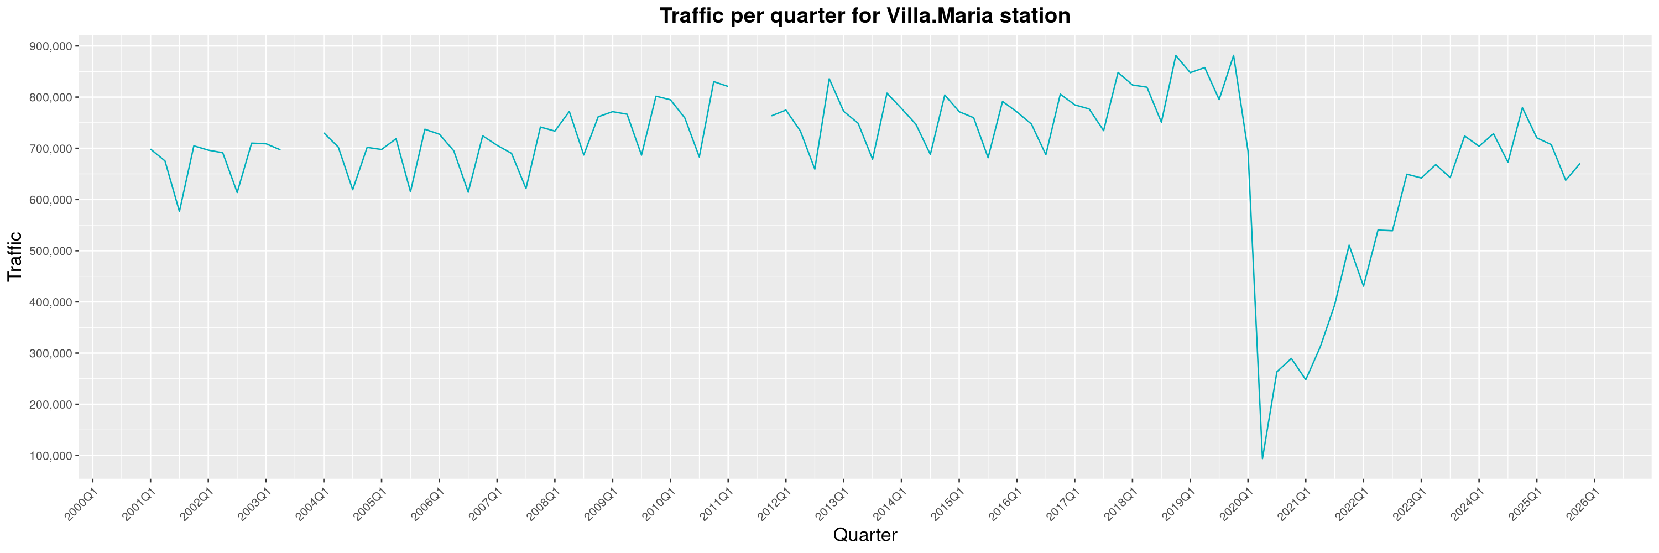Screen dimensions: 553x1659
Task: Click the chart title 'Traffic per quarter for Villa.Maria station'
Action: (x=864, y=15)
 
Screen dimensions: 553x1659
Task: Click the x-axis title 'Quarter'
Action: (x=864, y=535)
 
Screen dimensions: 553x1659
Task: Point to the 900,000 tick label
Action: (x=50, y=46)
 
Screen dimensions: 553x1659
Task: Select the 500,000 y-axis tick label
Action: (x=50, y=251)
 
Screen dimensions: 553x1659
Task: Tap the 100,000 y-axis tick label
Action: (x=50, y=456)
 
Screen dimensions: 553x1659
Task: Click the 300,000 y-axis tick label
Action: (x=50, y=353)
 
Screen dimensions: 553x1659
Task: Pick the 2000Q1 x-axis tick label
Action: (x=81, y=505)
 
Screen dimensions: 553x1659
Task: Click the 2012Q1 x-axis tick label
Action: (x=774, y=505)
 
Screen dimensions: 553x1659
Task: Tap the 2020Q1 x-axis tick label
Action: (x=1237, y=505)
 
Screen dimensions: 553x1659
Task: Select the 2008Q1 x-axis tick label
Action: (x=543, y=505)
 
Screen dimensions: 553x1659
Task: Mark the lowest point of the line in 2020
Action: (x=1262, y=458)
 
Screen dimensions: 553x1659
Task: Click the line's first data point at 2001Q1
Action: (x=151, y=149)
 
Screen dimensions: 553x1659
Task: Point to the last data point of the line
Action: (x=1580, y=164)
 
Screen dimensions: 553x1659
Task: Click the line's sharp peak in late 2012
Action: (x=829, y=79)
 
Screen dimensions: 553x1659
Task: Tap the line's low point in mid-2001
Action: (x=180, y=211)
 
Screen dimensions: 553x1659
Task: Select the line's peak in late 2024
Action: (x=1522, y=107)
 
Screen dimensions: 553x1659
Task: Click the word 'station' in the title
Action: (x=1033, y=15)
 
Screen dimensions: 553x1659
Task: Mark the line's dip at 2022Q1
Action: (x=1363, y=286)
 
